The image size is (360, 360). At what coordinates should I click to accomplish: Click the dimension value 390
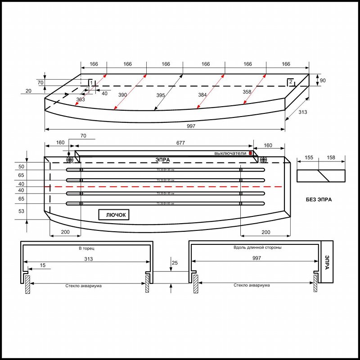pos(122,95)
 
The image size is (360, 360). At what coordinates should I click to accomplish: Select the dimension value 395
pos(160,95)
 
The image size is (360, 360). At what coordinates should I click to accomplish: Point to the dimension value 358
pos(247,92)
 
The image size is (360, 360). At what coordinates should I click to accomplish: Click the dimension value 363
pos(81,99)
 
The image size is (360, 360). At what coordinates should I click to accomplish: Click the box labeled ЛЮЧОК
pos(114,215)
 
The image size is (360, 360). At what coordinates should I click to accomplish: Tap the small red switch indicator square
pos(250,153)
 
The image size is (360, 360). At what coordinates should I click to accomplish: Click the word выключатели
pos(230,153)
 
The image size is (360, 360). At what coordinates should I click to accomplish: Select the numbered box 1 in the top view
pos(90,83)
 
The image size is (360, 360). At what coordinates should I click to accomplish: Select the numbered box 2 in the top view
pos(291,81)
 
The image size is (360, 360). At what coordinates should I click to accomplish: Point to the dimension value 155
pos(308,158)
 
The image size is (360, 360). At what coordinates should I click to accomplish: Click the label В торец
pos(86,248)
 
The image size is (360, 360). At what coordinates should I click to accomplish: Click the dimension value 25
pos(175,262)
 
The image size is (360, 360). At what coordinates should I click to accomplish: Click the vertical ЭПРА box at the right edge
pos(327,262)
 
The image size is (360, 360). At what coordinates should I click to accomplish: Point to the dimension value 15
pos(42,266)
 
